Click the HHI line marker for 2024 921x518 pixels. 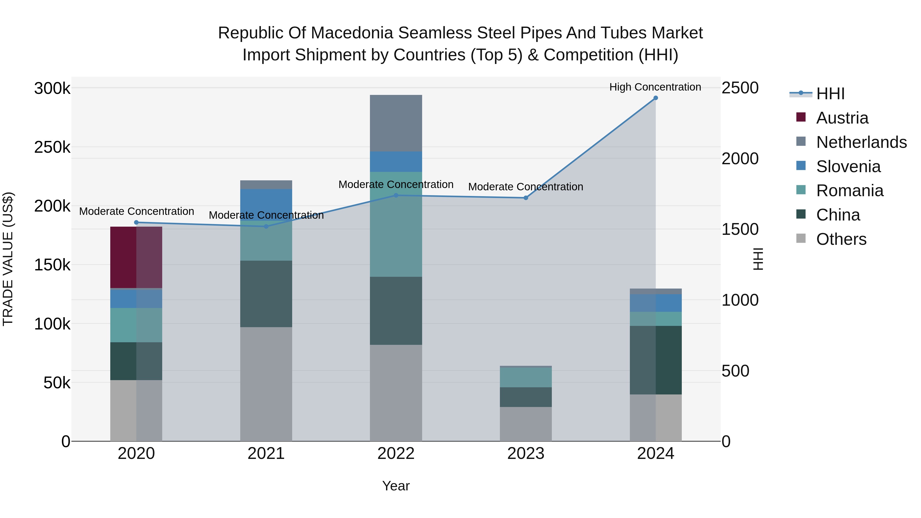[655, 98]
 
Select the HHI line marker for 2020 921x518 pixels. [136, 222]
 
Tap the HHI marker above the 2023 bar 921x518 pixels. [525, 198]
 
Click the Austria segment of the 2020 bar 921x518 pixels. [136, 257]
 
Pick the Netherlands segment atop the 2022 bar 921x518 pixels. [396, 123]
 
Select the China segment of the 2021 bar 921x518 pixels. [266, 294]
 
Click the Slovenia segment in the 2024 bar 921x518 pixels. [655, 303]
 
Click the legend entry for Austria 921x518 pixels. [842, 118]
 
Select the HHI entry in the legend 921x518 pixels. [830, 94]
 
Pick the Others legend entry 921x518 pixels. [841, 239]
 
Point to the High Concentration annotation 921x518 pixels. [655, 87]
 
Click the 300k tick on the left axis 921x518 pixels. [52, 88]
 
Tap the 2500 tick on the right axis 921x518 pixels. [740, 88]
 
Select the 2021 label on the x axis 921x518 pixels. [266, 454]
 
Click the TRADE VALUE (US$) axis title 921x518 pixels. [8, 259]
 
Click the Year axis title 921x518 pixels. [396, 486]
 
